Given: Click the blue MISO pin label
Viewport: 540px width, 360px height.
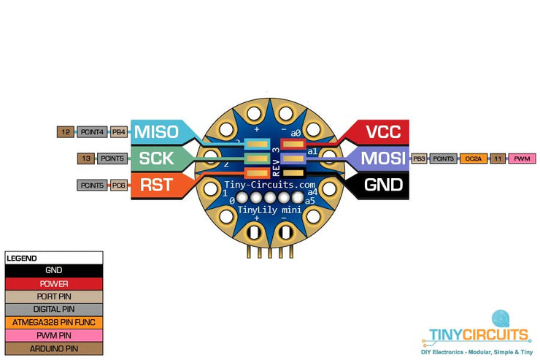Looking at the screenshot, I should click(x=156, y=131).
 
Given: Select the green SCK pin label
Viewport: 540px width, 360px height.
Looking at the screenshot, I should click(x=156, y=158).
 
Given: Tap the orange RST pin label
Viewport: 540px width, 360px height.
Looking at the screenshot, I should click(x=156, y=185).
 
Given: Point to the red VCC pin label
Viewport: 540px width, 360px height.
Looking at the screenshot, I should click(x=383, y=132).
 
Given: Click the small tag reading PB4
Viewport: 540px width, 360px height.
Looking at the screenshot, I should click(x=119, y=132).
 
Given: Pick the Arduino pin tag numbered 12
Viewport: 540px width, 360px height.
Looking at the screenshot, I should click(x=66, y=132).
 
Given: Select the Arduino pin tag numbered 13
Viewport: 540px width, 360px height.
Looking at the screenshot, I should click(x=86, y=158).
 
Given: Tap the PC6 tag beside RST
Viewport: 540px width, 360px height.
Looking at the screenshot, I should click(x=119, y=185).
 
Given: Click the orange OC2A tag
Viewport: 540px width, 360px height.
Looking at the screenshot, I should click(x=473, y=158).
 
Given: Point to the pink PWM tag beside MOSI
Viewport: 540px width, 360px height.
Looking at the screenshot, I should click(x=521, y=158).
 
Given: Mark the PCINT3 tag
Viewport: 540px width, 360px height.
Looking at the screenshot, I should click(x=444, y=158).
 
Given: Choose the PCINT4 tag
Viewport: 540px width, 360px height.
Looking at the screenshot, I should click(x=92, y=132).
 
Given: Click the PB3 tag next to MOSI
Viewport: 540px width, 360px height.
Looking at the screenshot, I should click(x=419, y=158).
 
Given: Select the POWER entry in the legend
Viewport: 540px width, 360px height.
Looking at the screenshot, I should click(x=53, y=283).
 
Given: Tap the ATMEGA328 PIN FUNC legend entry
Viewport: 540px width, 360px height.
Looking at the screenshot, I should click(x=53, y=322).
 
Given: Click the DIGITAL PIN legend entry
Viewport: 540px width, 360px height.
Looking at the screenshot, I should click(x=53, y=309).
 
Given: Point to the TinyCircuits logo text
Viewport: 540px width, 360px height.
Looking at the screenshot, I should click(x=478, y=335).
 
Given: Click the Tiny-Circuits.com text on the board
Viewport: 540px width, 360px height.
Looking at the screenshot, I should click(x=269, y=185).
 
